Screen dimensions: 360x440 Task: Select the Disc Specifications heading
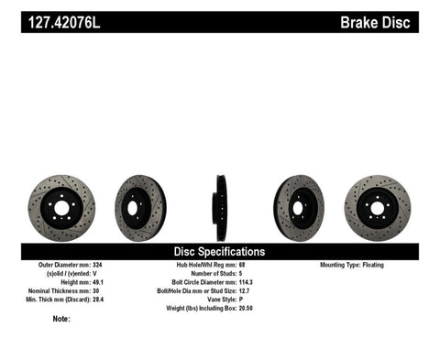[x=220, y=251]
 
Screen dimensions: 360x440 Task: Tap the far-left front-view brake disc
[x=61, y=208]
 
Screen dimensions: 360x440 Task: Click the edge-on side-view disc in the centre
[x=220, y=207]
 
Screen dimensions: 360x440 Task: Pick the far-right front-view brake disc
[x=378, y=208]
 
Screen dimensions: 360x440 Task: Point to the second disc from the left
[x=140, y=207]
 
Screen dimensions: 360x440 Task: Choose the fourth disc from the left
[x=299, y=207]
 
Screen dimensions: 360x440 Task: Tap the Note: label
[x=61, y=319]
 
